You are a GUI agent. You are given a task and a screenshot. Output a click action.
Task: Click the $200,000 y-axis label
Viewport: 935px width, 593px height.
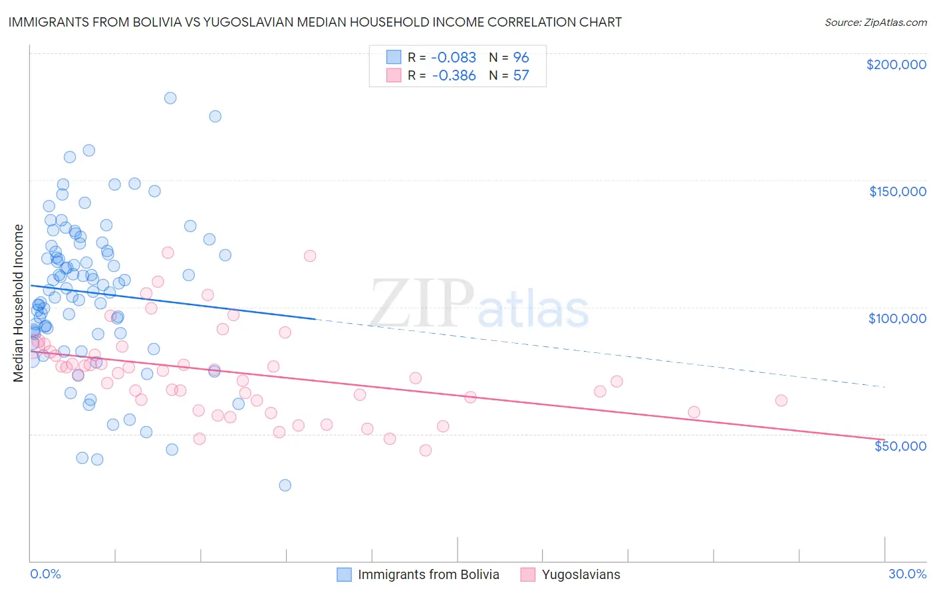(896, 64)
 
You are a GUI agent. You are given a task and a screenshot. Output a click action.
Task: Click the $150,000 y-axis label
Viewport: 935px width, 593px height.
(897, 191)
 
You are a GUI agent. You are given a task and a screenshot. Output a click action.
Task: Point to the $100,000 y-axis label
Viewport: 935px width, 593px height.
(897, 318)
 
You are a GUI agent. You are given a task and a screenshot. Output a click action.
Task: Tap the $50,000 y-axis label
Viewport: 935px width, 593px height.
(900, 445)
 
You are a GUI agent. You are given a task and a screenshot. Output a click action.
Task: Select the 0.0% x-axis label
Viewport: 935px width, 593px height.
(45, 574)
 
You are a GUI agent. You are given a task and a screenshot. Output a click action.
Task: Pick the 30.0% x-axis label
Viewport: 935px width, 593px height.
(907, 574)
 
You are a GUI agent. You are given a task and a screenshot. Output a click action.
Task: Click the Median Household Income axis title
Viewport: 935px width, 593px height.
(19, 303)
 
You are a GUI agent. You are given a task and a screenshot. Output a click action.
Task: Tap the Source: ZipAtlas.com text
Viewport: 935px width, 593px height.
(875, 23)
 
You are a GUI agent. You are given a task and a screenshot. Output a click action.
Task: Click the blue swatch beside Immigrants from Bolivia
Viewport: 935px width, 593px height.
(344, 574)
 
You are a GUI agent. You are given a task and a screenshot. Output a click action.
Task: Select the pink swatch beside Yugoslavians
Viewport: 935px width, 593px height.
(527, 574)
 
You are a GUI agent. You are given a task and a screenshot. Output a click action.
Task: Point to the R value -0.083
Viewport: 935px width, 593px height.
(454, 57)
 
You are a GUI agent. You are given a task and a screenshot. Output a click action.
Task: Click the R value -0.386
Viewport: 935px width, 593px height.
(454, 75)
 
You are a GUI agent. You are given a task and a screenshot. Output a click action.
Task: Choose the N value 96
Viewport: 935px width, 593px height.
(521, 57)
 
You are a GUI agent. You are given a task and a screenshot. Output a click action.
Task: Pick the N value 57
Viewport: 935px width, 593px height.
(521, 75)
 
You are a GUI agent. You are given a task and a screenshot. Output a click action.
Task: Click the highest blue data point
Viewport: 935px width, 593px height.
(170, 98)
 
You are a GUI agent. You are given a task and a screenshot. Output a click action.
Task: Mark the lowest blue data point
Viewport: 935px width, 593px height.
(285, 485)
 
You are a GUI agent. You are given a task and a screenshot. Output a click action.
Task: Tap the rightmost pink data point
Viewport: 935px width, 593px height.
(781, 400)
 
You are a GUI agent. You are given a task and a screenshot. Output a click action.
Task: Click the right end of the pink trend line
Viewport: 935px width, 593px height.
(884, 439)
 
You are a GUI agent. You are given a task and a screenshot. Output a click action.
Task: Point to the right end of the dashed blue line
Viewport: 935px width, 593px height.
(884, 386)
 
